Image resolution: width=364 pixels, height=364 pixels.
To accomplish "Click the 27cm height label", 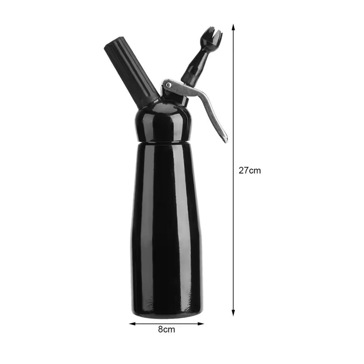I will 250,170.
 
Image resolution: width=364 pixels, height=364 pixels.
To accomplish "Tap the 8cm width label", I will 167,329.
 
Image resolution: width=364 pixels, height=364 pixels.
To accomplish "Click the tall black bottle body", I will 166,226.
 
